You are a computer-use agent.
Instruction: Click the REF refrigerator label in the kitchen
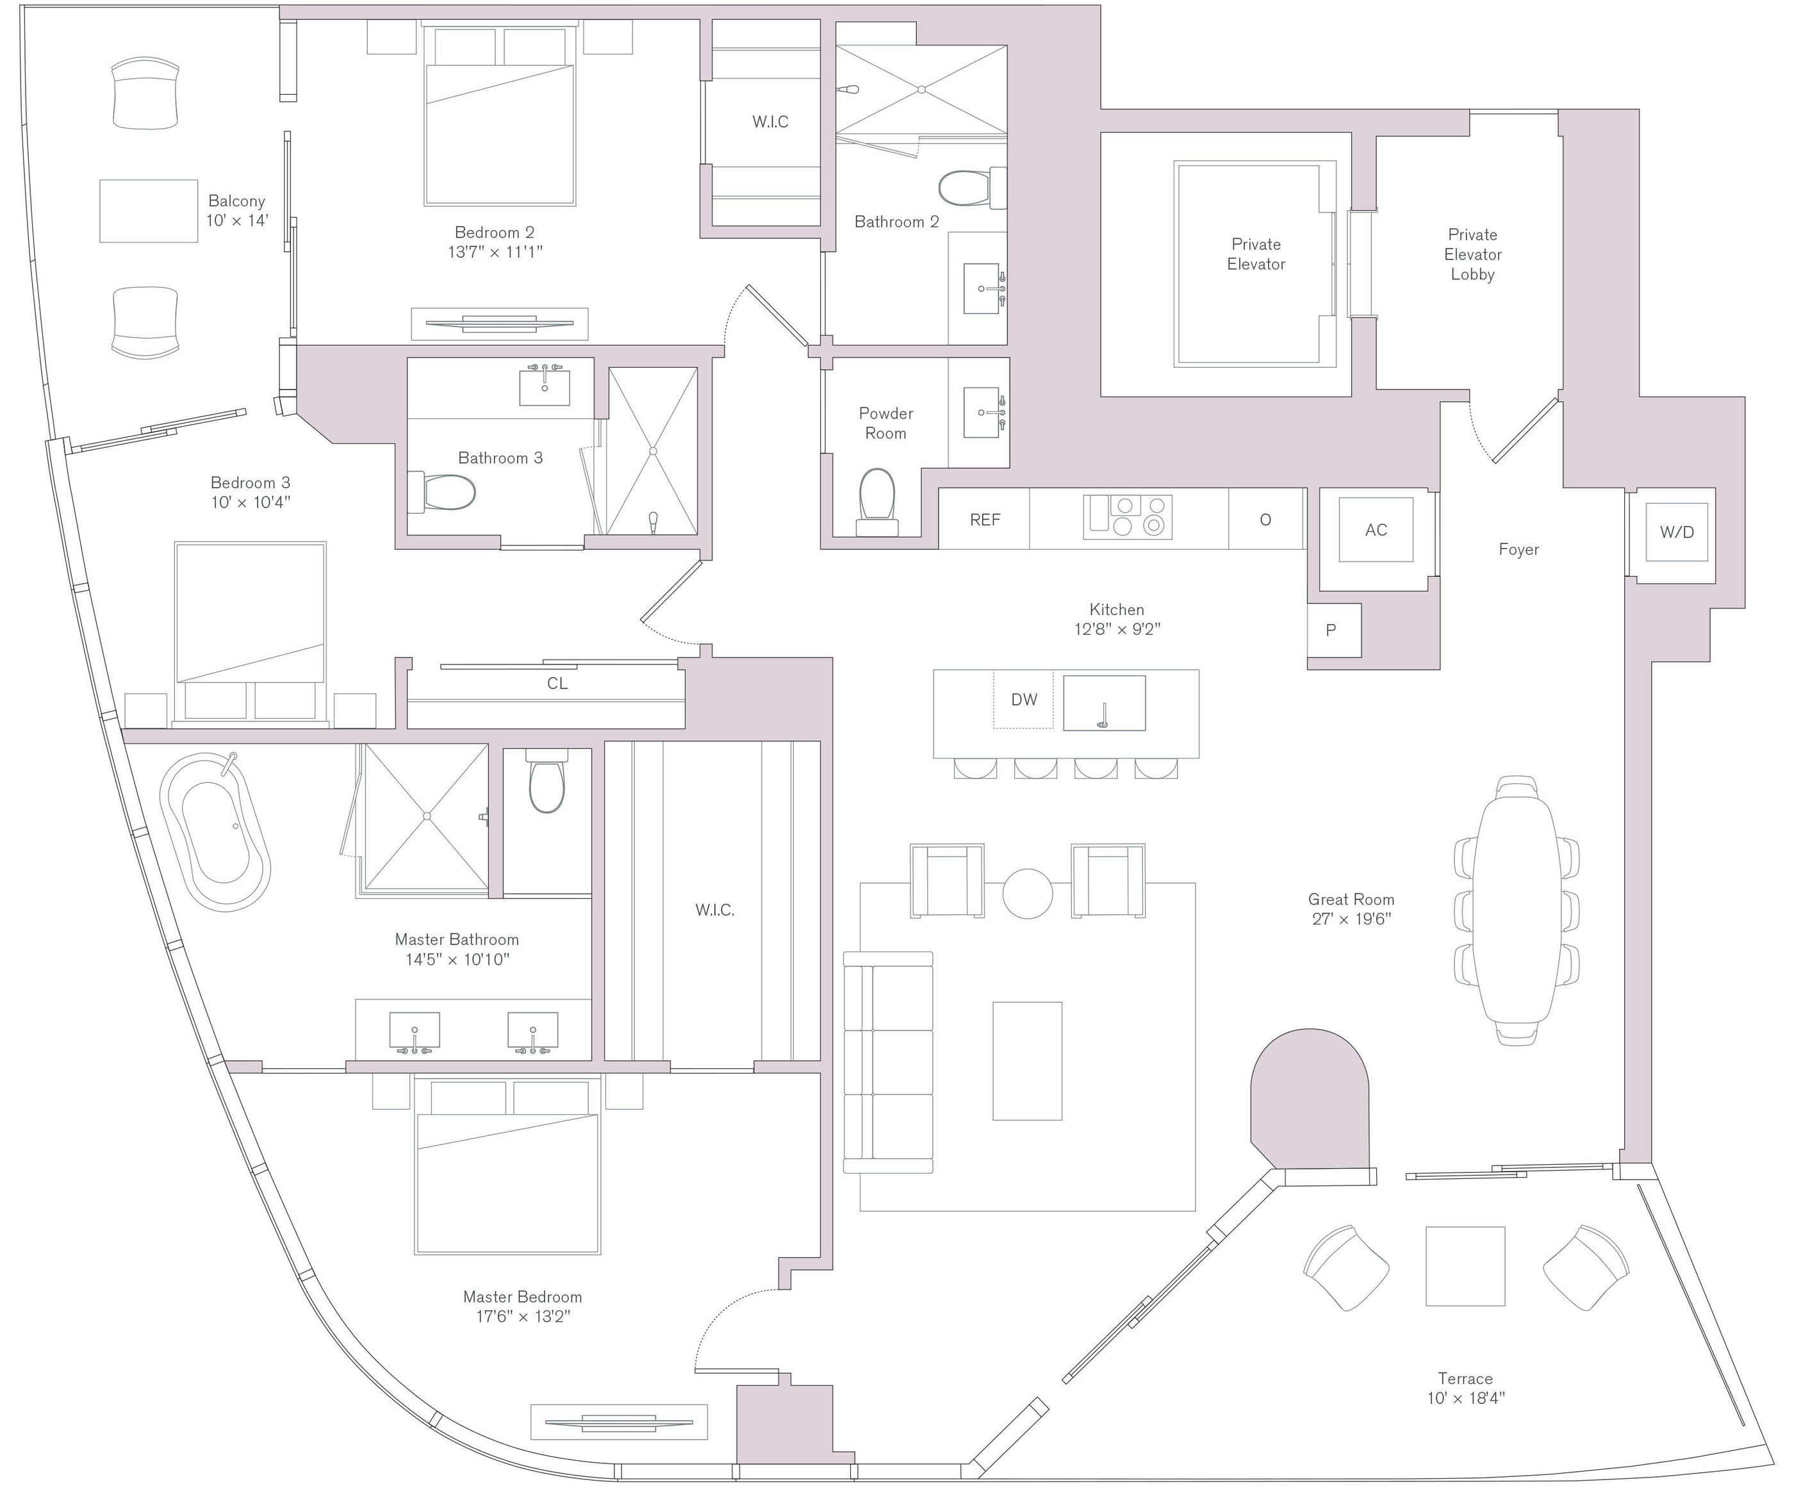coord(984,519)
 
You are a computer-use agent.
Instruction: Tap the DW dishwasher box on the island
coord(1023,700)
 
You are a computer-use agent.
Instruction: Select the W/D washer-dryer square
coord(1676,532)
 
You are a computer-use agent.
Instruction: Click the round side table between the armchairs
coord(1027,893)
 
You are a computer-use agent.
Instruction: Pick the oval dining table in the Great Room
coord(1517,910)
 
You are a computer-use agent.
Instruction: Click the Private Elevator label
coord(1256,254)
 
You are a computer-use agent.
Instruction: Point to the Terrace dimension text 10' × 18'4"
coord(1465,1399)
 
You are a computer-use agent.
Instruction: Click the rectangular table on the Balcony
coord(149,211)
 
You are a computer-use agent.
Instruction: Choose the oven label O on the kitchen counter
coord(1265,519)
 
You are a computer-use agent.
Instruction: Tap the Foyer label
coord(1518,550)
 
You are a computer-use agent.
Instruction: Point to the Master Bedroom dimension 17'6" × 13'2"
coord(523,1317)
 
